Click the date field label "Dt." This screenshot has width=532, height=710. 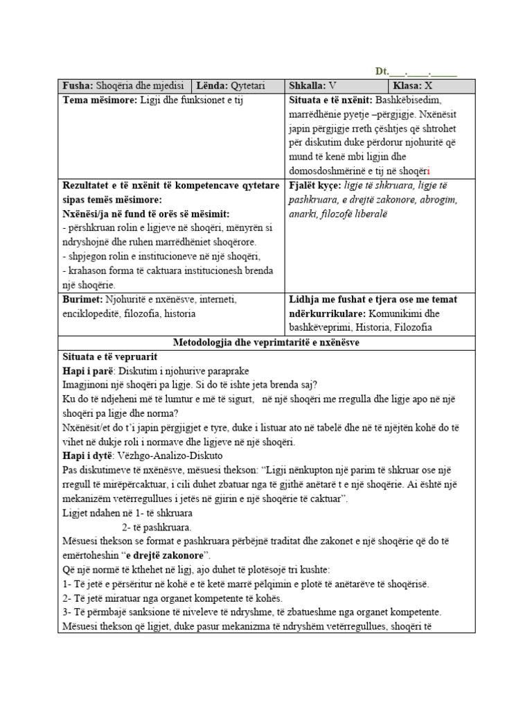(x=382, y=71)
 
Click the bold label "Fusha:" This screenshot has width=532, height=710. (x=78, y=86)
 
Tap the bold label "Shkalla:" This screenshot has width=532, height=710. (x=307, y=86)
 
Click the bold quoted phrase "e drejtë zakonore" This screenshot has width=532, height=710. (x=166, y=555)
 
